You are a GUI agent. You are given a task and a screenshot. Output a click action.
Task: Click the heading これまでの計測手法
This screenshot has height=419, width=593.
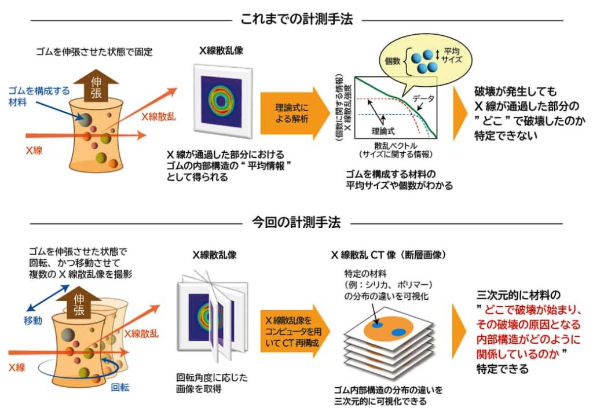296,19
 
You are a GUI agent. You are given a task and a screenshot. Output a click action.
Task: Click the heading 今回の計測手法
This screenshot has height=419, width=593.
296,222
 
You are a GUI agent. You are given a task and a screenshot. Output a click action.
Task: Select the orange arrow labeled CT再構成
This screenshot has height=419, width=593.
295,332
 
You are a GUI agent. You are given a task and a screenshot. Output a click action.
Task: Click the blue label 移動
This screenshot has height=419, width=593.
33,321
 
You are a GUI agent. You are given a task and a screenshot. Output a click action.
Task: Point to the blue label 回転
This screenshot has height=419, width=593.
120,387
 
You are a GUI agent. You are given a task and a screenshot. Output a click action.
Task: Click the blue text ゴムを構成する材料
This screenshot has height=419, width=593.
39,96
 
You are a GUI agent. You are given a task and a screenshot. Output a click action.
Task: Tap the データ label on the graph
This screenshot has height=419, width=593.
423,98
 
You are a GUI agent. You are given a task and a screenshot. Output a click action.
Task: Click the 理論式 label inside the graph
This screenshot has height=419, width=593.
383,131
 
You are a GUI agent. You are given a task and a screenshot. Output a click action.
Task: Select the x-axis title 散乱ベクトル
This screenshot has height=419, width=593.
396,145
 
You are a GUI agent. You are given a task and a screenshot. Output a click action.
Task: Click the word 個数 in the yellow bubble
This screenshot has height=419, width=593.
393,60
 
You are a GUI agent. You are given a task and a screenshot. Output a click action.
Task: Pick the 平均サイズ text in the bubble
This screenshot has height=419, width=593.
452,55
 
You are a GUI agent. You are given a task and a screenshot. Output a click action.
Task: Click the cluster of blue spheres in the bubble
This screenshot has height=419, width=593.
424,61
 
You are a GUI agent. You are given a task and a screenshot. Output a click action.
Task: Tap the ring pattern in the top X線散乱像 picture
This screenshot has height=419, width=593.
221,101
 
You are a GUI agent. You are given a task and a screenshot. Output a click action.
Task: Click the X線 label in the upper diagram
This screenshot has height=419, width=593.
34,150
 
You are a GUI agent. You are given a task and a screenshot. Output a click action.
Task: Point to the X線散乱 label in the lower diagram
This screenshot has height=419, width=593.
141,333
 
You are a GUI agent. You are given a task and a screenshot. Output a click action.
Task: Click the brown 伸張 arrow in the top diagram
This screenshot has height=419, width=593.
96,86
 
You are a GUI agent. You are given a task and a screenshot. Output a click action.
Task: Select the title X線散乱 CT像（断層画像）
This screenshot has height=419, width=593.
389,255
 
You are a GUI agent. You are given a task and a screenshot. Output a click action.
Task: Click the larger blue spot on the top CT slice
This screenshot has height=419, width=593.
398,332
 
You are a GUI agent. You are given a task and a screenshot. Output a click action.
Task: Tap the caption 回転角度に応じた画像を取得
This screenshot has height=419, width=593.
212,383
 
